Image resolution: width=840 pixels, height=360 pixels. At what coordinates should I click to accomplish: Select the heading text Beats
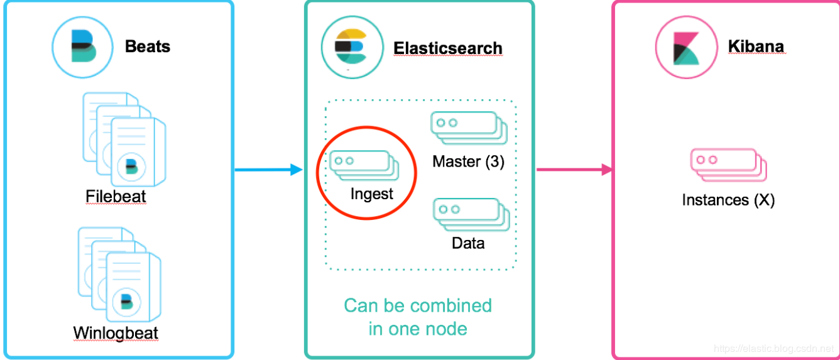click(x=148, y=46)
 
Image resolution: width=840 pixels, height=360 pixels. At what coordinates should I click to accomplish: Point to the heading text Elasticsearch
click(x=448, y=48)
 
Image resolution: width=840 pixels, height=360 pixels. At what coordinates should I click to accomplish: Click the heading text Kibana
click(x=756, y=46)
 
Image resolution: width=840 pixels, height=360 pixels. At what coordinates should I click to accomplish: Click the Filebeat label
click(x=116, y=197)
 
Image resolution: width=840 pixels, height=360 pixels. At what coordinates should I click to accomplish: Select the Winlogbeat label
click(x=116, y=332)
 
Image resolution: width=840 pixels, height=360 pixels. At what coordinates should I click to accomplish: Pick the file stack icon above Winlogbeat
click(x=119, y=273)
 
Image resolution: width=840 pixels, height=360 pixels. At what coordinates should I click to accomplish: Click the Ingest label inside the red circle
click(x=372, y=194)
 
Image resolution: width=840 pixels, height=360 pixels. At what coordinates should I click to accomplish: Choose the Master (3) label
click(x=468, y=161)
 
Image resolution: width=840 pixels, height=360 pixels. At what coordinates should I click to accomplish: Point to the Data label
click(x=468, y=243)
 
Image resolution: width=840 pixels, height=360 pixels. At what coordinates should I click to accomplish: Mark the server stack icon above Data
click(x=471, y=213)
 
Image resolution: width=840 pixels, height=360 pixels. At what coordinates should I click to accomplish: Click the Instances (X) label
click(x=728, y=200)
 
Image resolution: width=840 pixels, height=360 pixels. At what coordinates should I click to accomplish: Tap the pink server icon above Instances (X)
click(x=728, y=164)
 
